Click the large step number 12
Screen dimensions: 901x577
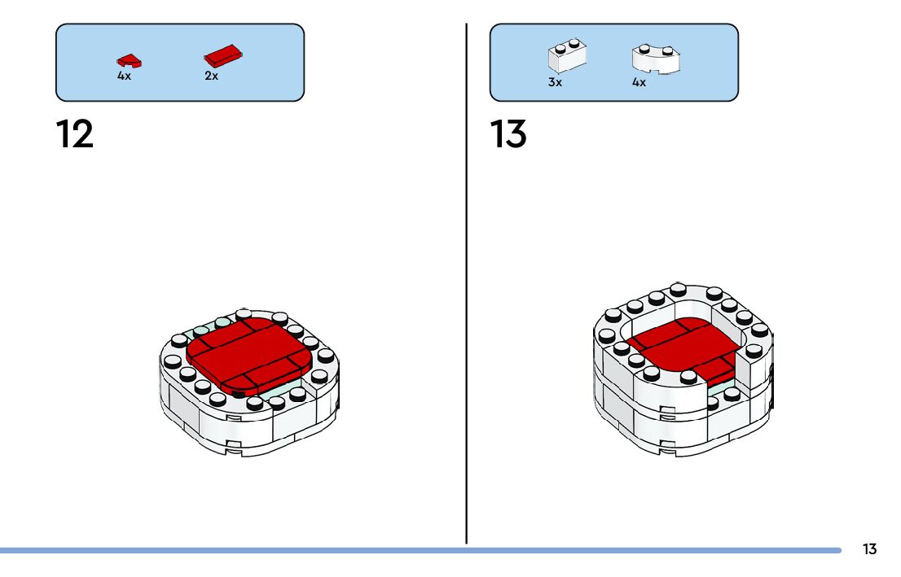click(75, 134)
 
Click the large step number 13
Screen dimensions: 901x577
click(508, 134)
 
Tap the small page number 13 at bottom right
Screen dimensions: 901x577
click(869, 549)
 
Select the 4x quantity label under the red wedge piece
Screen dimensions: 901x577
click(124, 76)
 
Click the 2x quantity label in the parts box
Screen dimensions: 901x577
click(211, 76)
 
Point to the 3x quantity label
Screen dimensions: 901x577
click(555, 82)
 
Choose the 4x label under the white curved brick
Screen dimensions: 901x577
click(639, 82)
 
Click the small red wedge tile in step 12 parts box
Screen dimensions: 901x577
click(128, 59)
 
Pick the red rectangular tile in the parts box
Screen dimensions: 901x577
click(223, 56)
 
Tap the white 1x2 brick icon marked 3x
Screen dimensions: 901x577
click(568, 57)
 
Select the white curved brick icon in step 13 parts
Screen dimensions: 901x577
click(656, 59)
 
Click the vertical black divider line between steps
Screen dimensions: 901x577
click(467, 285)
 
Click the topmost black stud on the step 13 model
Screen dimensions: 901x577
click(678, 288)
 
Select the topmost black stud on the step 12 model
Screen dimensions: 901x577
click(243, 313)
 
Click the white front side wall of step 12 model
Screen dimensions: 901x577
click(244, 423)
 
